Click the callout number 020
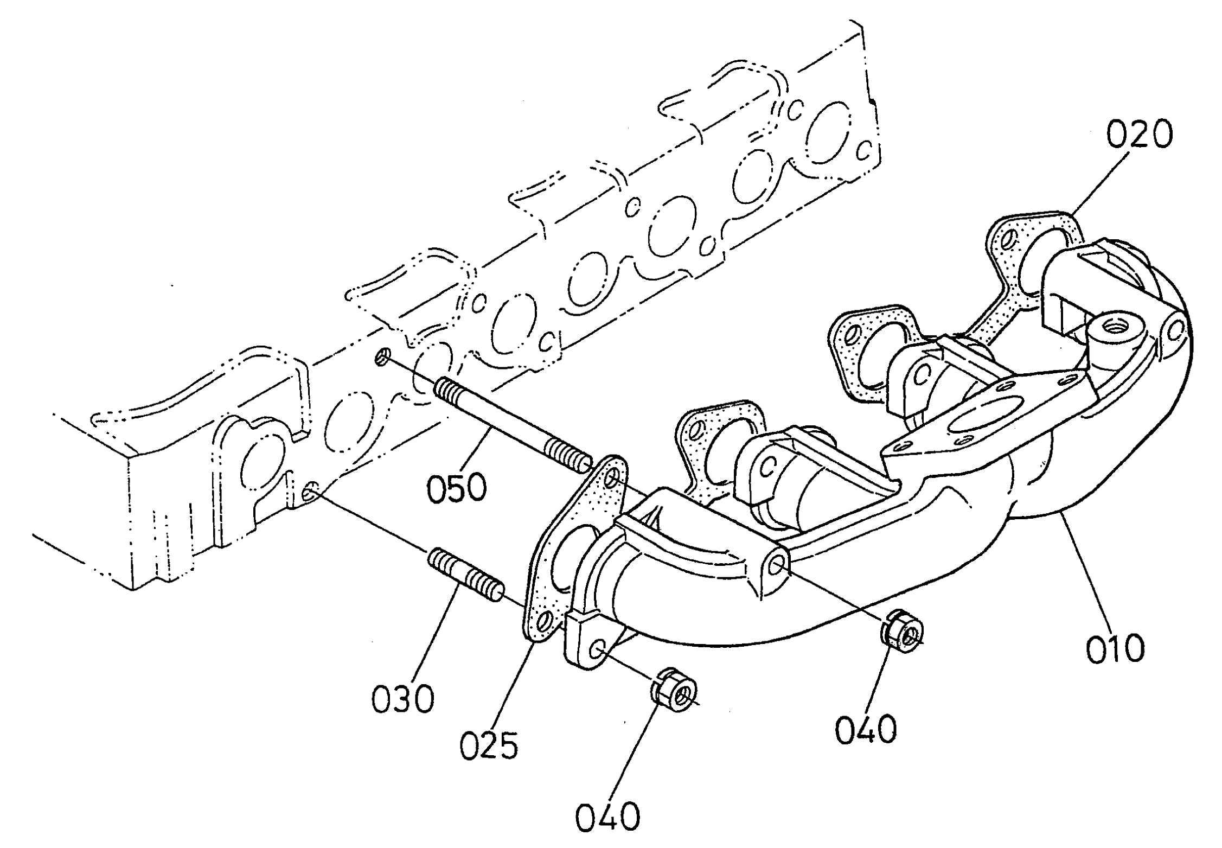pos(1140,136)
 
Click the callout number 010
pos(1115,648)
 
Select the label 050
pos(456,488)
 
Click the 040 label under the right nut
pos(866,729)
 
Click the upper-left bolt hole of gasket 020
pos(1008,239)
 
